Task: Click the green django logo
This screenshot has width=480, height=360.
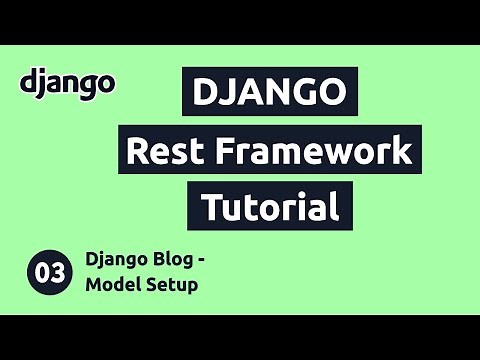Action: (x=67, y=83)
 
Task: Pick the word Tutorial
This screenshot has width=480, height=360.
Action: (x=268, y=207)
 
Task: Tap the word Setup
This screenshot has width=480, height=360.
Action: (x=173, y=286)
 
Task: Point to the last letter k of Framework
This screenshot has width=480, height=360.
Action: (x=401, y=152)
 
